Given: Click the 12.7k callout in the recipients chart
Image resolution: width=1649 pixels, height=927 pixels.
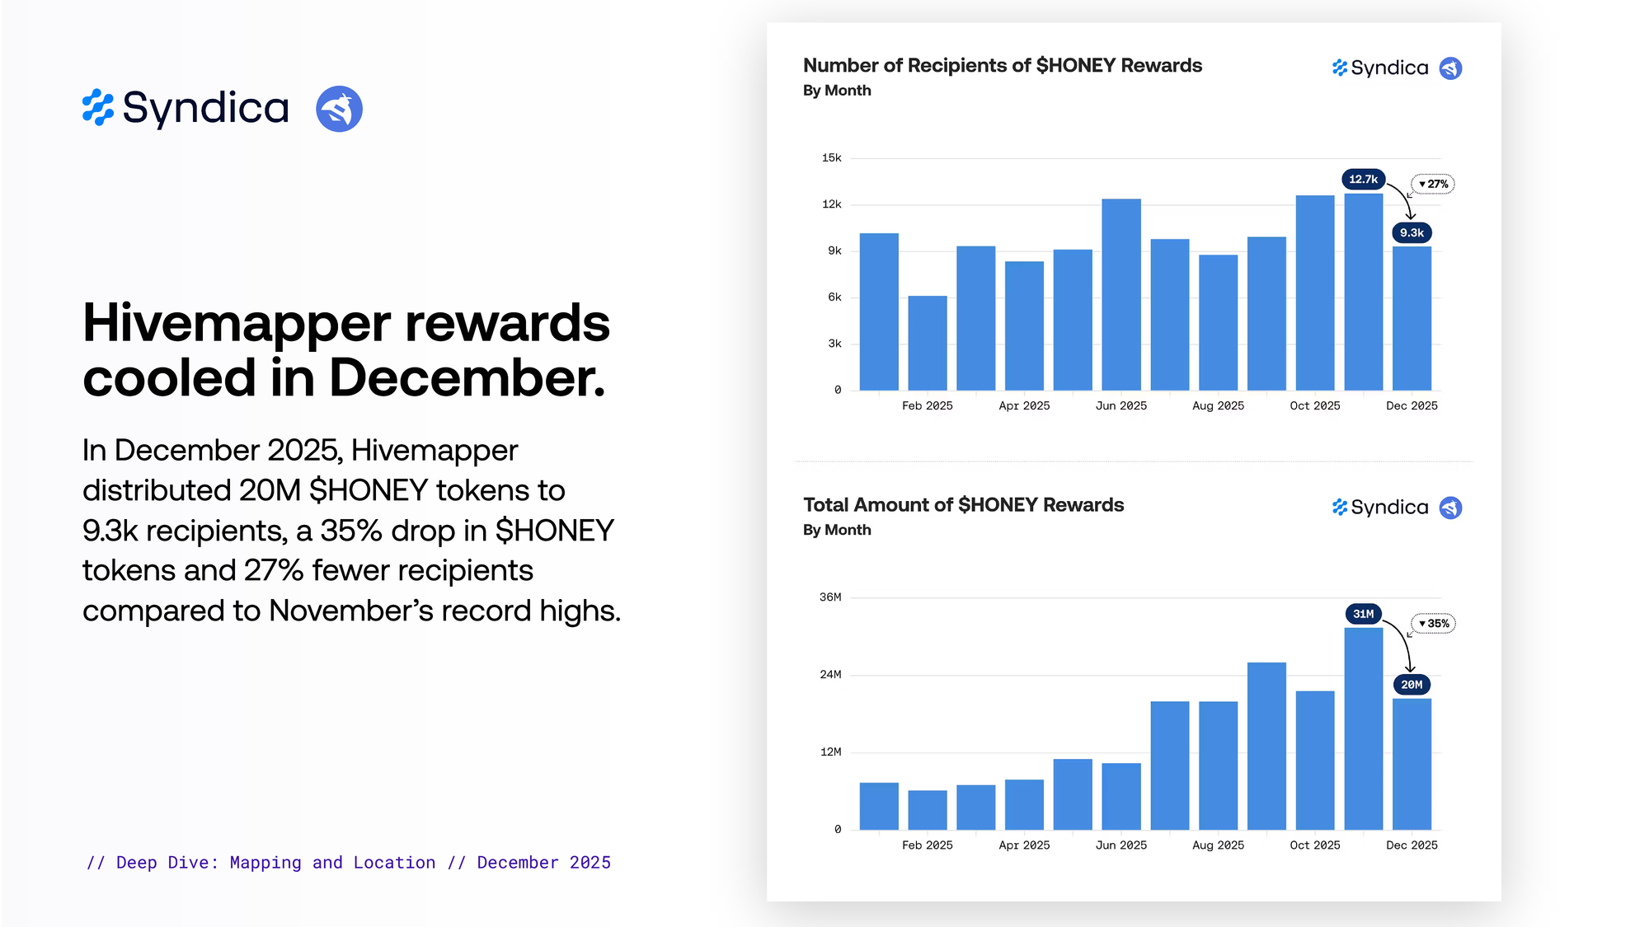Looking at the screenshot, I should coord(1363,179).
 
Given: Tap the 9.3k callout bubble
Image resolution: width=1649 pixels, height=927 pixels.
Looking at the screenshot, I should coord(1412,233).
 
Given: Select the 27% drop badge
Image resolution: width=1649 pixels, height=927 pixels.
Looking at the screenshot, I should coord(1434,184).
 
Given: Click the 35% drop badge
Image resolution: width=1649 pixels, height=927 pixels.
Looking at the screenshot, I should coord(1435,624).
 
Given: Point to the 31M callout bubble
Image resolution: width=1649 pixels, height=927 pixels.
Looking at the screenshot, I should coord(1363,614).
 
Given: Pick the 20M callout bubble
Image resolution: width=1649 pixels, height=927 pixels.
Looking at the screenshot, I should coord(1412,685).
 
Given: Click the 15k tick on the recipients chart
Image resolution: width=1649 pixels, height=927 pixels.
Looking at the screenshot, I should coord(831,157).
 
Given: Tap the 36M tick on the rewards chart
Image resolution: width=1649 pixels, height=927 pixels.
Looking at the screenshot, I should coord(830,597).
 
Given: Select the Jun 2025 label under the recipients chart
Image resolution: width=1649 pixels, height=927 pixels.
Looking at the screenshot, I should coord(1120,405).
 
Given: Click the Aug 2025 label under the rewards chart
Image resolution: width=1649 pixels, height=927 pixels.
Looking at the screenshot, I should coord(1218,845).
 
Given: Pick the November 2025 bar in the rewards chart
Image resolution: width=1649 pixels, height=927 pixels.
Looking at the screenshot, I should coord(1363,728).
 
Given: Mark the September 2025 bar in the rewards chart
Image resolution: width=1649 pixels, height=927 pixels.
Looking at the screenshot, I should coord(1266,746).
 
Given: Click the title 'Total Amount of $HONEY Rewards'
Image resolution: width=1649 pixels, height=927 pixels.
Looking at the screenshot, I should coord(963,505).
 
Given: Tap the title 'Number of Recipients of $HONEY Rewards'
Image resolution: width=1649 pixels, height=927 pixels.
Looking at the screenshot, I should coord(1002,66).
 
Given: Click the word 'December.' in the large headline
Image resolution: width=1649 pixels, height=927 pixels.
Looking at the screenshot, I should coord(467,378).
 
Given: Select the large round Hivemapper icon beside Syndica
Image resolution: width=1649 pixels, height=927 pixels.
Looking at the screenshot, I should coord(339,109).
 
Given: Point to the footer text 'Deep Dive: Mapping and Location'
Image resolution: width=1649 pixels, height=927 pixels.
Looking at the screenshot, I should coord(275,863).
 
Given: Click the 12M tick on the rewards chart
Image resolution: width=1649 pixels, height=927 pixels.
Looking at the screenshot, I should coord(830,752).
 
